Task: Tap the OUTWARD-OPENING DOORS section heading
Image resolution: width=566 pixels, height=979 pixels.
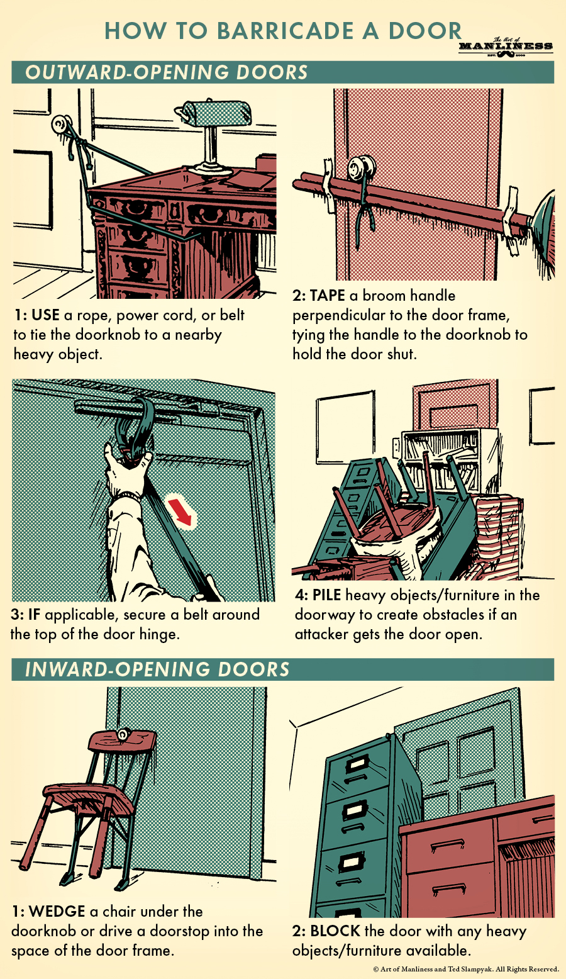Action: pyautogui.click(x=166, y=72)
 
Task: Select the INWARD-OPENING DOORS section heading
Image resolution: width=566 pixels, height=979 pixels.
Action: pyautogui.click(x=157, y=669)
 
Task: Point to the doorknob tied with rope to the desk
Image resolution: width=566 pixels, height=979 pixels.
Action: pyautogui.click(x=61, y=124)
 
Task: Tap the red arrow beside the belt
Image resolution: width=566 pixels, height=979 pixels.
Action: pyautogui.click(x=183, y=510)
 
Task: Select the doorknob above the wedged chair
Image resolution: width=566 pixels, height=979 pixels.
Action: pyautogui.click(x=123, y=734)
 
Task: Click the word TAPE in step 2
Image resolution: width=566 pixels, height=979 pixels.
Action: pyautogui.click(x=327, y=296)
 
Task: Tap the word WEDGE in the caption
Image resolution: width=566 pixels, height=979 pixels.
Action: pyautogui.click(x=57, y=911)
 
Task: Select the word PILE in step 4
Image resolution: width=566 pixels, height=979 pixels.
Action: pyautogui.click(x=327, y=595)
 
